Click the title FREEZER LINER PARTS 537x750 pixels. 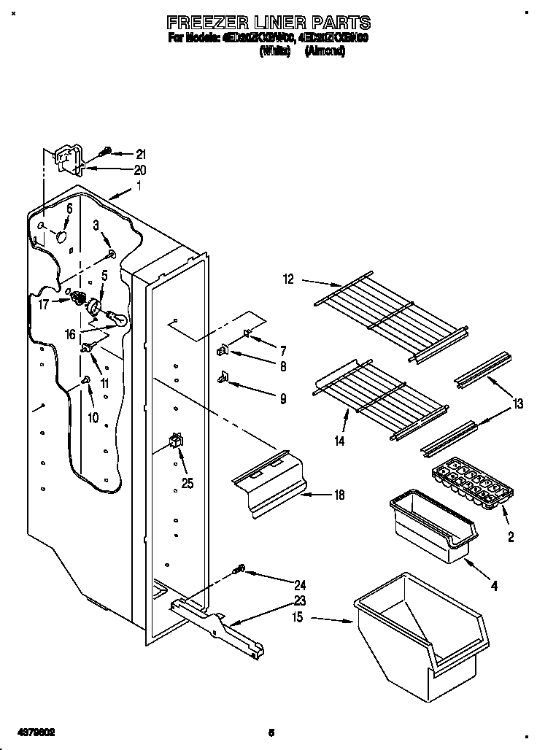[x=269, y=23]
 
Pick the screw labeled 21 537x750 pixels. [x=107, y=151]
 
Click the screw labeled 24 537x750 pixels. [x=238, y=570]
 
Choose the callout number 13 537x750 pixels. [x=517, y=403]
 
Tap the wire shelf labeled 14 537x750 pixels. [x=379, y=398]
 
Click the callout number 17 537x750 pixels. [x=43, y=304]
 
